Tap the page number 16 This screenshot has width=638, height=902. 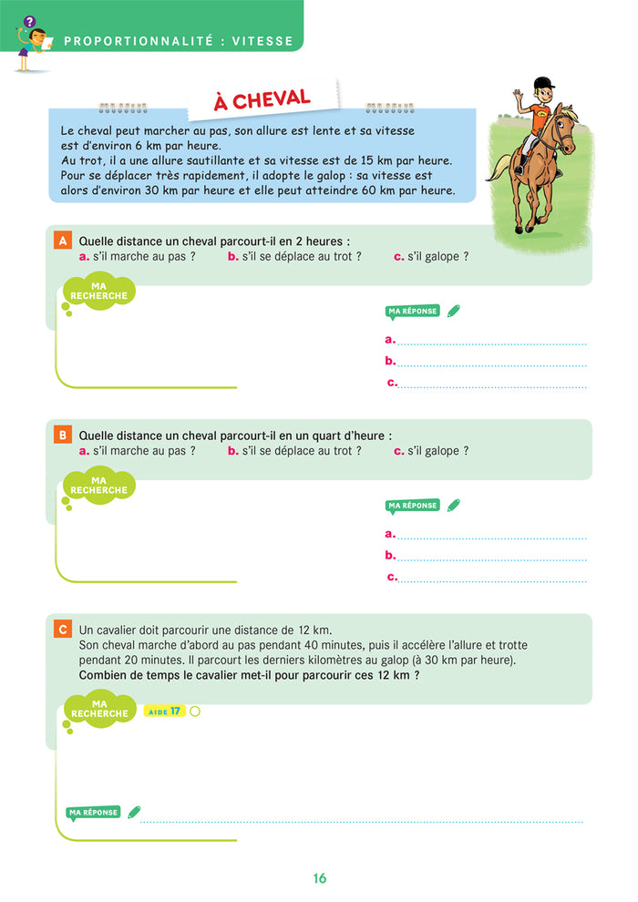point(319,878)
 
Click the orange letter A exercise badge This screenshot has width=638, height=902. point(63,241)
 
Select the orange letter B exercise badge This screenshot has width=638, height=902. point(63,436)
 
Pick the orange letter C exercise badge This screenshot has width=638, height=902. point(63,630)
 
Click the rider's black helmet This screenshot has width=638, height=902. point(544,84)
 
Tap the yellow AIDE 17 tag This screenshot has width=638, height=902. point(164,711)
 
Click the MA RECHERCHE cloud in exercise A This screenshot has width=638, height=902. point(99,292)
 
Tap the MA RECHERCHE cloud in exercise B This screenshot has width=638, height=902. point(99,486)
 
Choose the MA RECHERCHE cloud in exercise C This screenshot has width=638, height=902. point(99,709)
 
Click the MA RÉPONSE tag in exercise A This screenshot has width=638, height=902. point(413,312)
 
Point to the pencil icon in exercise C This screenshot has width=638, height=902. point(135,811)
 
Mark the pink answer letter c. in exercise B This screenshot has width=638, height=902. point(392,577)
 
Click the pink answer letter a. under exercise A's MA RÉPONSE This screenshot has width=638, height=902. point(390,340)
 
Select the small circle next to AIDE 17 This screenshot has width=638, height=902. point(194,711)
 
